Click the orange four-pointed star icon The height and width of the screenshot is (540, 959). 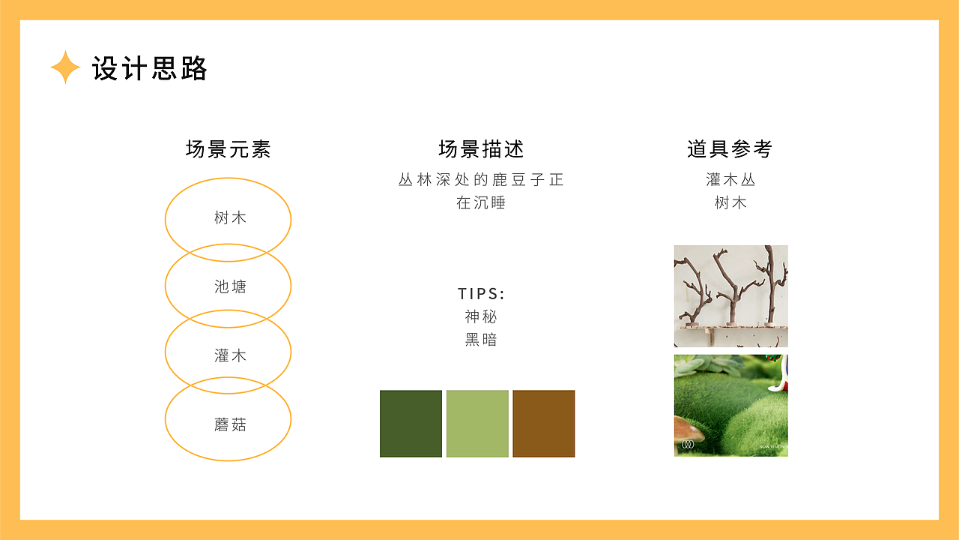click(x=65, y=67)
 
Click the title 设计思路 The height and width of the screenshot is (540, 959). click(x=149, y=68)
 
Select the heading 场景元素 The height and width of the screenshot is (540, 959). click(x=228, y=149)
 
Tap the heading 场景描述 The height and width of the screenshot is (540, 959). click(x=481, y=149)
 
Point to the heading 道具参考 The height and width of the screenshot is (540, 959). click(x=730, y=149)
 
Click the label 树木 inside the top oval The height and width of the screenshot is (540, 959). click(x=230, y=218)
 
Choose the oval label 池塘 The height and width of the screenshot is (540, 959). click(x=230, y=286)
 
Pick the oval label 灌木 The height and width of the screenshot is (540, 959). click(x=230, y=355)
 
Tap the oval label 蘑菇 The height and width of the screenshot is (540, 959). click(x=230, y=424)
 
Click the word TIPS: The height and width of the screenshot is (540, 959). click(x=481, y=293)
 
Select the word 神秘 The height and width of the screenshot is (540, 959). click(x=481, y=316)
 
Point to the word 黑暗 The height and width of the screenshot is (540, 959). click(x=481, y=340)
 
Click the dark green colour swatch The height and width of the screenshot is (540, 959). click(x=411, y=423)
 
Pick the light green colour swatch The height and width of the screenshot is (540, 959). click(x=477, y=423)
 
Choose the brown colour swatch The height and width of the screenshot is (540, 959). click(x=544, y=423)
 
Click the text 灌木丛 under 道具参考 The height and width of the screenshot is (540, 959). click(x=730, y=180)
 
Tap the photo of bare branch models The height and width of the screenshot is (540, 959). click(x=730, y=296)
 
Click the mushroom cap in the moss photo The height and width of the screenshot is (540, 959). click(x=688, y=429)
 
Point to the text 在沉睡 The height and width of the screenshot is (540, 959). click(x=481, y=203)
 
